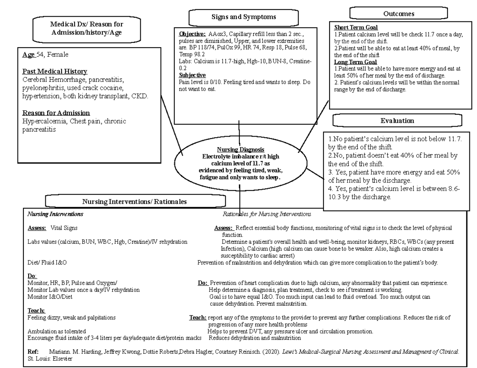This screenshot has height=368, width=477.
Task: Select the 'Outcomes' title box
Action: point(399,13)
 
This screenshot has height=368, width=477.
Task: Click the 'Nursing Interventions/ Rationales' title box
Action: point(134,201)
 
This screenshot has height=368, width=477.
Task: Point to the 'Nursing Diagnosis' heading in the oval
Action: point(240,150)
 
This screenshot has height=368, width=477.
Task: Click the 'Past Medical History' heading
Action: point(54,71)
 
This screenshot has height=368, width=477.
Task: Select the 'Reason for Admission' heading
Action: point(56,113)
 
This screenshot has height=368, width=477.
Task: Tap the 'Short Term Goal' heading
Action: point(356,27)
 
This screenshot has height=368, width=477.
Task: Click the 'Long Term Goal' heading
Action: point(355,62)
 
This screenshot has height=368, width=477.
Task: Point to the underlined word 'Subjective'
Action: point(192,75)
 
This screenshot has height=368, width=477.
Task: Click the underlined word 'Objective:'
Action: point(192,34)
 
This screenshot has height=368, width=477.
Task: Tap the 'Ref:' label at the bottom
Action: point(33,352)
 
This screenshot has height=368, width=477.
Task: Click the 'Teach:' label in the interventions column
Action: point(36,310)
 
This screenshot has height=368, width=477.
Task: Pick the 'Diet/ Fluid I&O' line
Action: point(47,263)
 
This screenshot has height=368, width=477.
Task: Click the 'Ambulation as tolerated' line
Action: point(56,331)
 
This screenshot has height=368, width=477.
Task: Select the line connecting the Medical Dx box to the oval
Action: point(172,125)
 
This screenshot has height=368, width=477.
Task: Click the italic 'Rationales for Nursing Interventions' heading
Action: point(267,214)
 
